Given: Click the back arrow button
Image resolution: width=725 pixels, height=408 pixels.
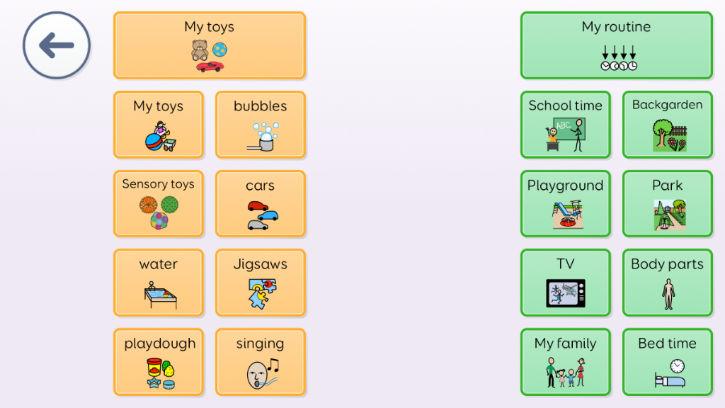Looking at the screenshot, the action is tap(57, 45).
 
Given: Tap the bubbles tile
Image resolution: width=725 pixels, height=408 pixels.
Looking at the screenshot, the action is tap(261, 125).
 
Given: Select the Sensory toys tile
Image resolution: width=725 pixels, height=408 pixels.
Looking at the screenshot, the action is tap(158, 204).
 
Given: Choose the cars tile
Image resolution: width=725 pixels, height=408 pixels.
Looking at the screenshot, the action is tap(261, 204).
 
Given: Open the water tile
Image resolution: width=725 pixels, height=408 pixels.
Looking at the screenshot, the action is tap(158, 283).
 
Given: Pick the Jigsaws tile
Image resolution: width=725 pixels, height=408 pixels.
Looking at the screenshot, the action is tap(261, 283).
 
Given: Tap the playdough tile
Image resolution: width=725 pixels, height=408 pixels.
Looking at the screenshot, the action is tap(158, 362).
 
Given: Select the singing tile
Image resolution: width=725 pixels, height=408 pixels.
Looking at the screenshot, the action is tap(261, 362).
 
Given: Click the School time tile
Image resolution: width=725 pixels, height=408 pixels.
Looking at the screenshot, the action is tap(566, 125).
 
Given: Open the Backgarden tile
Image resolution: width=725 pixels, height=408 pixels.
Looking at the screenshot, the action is tap(667, 125).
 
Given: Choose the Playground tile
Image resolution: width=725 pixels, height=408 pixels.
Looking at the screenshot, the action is tap(566, 204).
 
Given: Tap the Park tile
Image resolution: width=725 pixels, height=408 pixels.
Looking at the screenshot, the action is tap(667, 204).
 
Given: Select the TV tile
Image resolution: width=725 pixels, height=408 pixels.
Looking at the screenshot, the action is tap(566, 283).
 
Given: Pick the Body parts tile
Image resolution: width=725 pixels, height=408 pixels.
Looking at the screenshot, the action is tap(667, 283).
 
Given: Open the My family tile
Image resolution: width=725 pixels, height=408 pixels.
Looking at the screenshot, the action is tap(566, 362).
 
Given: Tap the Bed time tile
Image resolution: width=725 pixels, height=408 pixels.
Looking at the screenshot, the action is tap(667, 362).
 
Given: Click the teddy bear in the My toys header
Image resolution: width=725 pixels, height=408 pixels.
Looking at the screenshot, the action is tap(200, 50).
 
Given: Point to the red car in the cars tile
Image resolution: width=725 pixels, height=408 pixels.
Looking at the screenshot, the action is tap(258, 206).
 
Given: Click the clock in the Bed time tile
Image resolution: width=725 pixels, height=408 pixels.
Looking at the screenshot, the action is tap(678, 366).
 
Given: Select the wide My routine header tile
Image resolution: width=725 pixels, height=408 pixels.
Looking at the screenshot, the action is tap(617, 45).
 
